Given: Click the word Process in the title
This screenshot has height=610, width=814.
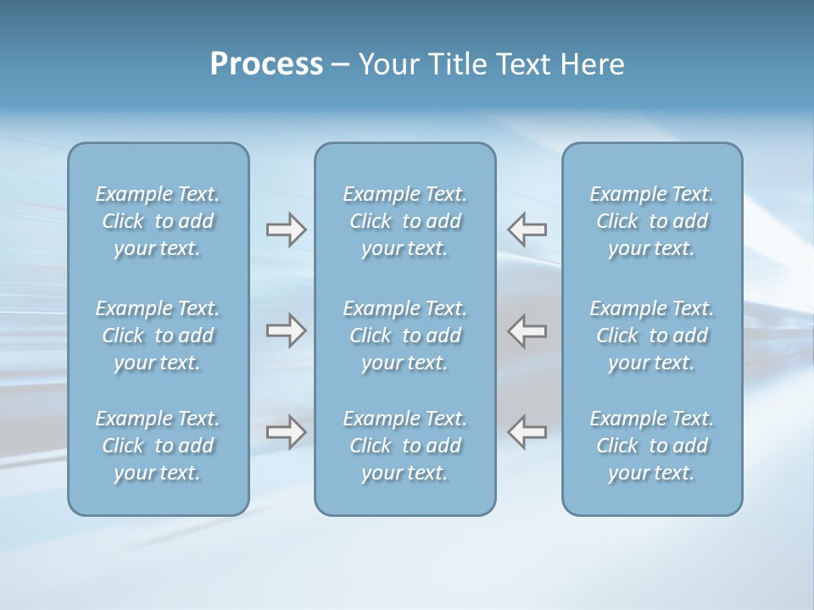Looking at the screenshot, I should (266, 64).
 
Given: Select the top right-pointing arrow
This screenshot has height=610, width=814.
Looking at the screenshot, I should (286, 230).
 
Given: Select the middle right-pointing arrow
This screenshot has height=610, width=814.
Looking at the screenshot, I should (286, 330).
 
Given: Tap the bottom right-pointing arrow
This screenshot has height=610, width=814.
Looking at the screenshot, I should (286, 432).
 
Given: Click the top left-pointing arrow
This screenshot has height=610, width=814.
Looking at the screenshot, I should (527, 230).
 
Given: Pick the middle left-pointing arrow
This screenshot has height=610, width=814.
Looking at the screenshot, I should (527, 330).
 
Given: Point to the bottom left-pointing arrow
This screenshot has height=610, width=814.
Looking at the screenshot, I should (527, 432).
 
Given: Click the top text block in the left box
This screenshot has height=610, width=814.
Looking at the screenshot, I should (158, 221).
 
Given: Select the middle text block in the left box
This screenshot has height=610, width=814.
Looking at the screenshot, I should (158, 335).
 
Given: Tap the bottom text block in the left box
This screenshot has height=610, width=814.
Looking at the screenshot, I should (158, 446).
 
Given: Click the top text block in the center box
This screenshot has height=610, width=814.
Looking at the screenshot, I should (405, 221).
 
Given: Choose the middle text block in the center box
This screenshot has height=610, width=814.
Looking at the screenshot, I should (405, 335).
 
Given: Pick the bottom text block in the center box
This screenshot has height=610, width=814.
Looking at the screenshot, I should (405, 446).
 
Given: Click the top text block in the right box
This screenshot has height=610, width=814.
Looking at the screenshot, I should (652, 221).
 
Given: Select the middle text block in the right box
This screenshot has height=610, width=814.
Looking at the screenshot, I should (652, 335).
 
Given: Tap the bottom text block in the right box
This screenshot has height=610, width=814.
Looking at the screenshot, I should (652, 446).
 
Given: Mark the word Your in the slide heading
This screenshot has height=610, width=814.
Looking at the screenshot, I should (387, 64).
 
